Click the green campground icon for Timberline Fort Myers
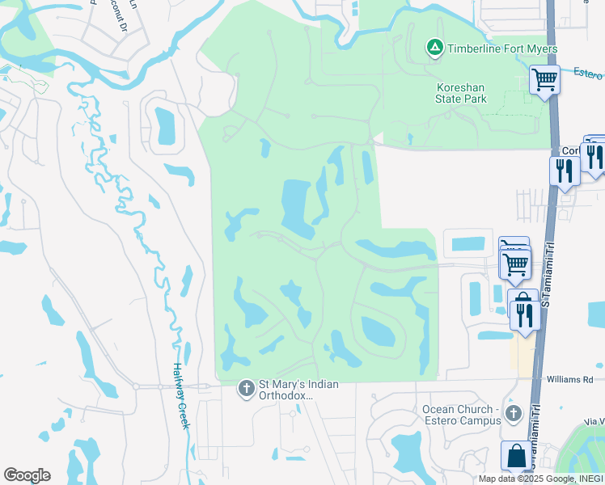click(434, 49)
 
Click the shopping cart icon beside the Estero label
click(545, 80)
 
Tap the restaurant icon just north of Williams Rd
click(524, 313)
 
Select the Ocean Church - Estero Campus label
click(457, 415)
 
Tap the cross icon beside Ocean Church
click(513, 415)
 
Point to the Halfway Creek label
click(180, 394)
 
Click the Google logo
click(27, 475)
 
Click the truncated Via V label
click(594, 422)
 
